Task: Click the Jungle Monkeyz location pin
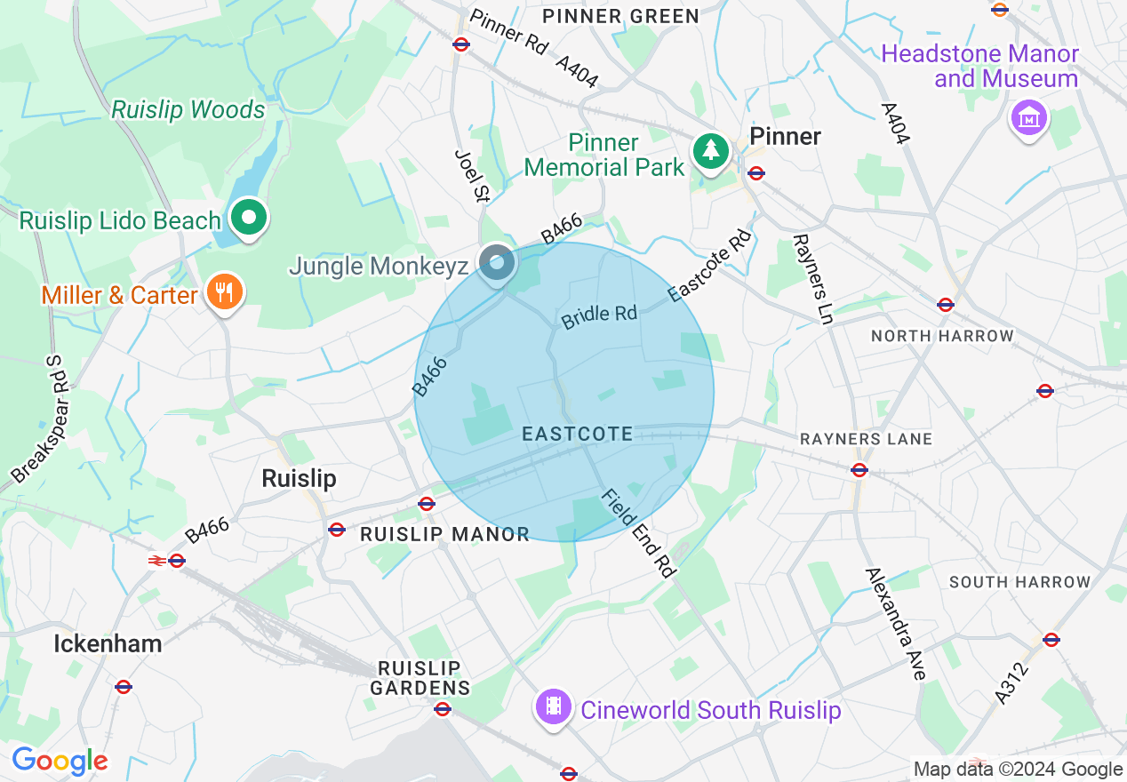tap(498, 264)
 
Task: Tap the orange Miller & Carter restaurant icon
tap(224, 292)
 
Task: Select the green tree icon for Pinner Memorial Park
tap(710, 151)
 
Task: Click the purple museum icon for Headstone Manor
tap(1028, 117)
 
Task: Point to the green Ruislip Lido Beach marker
tap(250, 217)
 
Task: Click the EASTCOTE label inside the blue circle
tap(578, 435)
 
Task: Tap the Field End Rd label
tap(635, 532)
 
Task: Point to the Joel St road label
tap(471, 175)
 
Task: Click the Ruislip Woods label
tap(188, 110)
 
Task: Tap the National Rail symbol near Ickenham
tap(156, 561)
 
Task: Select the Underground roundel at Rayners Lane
tap(859, 470)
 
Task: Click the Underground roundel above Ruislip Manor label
tap(427, 504)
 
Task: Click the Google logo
tap(60, 761)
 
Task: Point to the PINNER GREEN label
tap(620, 17)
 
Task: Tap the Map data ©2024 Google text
tap(1018, 770)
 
